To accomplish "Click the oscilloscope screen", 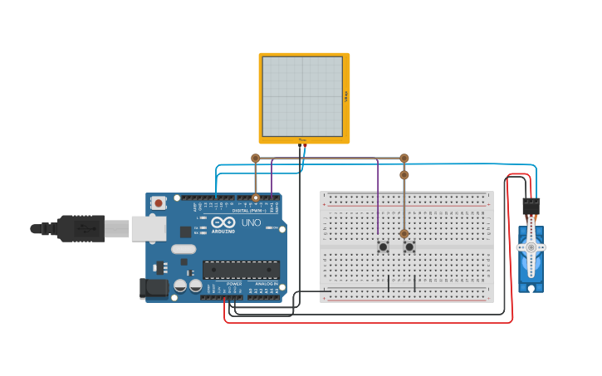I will click(x=302, y=96).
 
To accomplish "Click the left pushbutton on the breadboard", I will click(x=383, y=247).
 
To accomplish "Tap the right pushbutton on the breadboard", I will click(x=409, y=247).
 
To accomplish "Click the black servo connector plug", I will click(x=531, y=205).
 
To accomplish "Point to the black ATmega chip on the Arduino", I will click(x=241, y=270).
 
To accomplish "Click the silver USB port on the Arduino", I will click(x=148, y=228).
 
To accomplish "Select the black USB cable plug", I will click(x=81, y=228).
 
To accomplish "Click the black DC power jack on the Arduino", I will click(x=154, y=288).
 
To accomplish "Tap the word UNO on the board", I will click(x=251, y=223).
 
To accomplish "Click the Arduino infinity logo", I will click(x=223, y=222).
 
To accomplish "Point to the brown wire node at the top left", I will click(x=256, y=158).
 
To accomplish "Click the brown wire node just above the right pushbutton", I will click(x=404, y=234).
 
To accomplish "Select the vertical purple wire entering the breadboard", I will click(x=378, y=199).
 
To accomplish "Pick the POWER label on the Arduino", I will click(x=234, y=283).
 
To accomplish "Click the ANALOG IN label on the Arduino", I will click(x=266, y=283).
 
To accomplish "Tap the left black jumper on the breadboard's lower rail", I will click(x=388, y=283).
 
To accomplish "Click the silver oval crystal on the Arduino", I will click(x=184, y=248).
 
